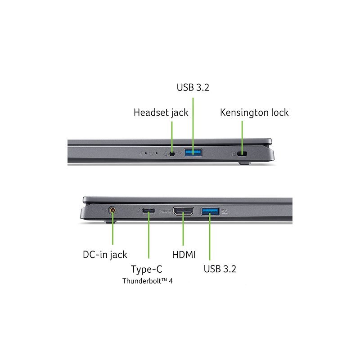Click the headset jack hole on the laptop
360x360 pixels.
pos(172,153)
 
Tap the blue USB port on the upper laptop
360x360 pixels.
pos(193,153)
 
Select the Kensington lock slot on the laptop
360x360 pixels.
pos(242,153)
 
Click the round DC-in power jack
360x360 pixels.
pos(112,210)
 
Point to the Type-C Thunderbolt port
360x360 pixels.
pos(148,210)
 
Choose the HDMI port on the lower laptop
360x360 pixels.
pos(183,211)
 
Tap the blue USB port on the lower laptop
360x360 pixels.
pos(210,211)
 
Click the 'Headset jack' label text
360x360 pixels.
pos(161,113)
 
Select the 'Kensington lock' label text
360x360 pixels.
pos(254,112)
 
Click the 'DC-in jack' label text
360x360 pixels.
pos(105,255)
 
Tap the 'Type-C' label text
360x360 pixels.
pos(147,269)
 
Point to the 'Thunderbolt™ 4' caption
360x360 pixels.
pos(148,281)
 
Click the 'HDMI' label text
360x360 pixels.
pos(184,255)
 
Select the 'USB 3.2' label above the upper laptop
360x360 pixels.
pos(193,87)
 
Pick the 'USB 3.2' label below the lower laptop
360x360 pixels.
pos(220,269)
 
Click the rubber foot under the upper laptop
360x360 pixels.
pos(244,163)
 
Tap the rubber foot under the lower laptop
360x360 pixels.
pos(110,221)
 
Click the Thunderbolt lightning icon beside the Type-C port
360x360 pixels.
pos(139,210)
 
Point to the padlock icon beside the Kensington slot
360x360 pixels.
pos(234,154)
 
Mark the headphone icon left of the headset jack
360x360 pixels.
pos(165,153)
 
